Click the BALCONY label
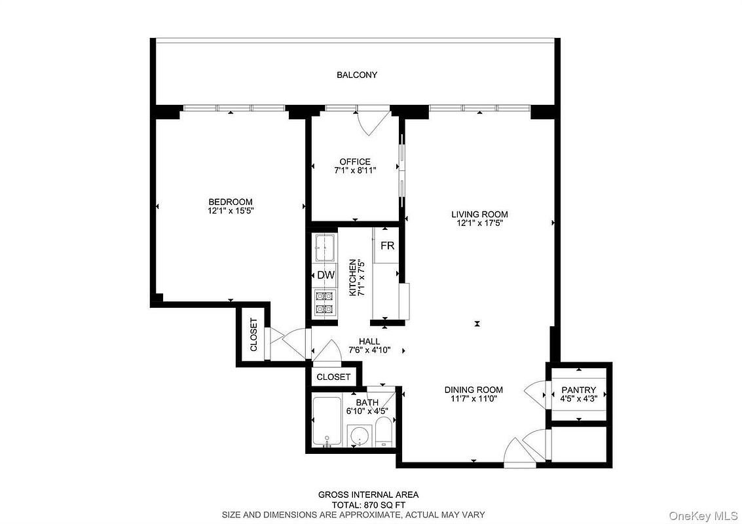click(357, 75)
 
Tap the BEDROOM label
click(231, 202)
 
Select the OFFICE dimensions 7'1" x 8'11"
click(355, 170)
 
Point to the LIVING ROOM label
click(479, 214)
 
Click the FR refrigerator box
click(387, 246)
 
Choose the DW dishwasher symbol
click(325, 275)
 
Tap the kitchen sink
click(325, 248)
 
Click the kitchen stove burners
click(325, 303)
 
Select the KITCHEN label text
click(352, 277)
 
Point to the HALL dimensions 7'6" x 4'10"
click(369, 350)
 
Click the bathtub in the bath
click(327, 421)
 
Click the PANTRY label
click(579, 390)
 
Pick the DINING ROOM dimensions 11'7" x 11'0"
click(473, 398)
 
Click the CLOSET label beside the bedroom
click(253, 335)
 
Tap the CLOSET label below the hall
click(333, 377)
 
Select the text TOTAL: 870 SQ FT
click(367, 504)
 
